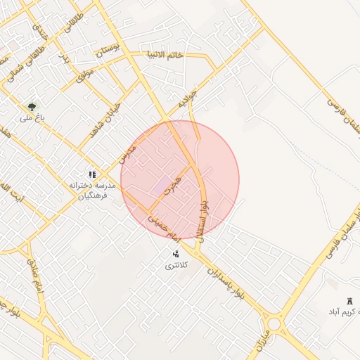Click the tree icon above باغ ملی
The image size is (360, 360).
pyautogui.click(x=32, y=107)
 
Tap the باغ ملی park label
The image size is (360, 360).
pyautogui.click(x=32, y=118)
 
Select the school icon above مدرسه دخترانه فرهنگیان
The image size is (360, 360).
pyautogui.click(x=91, y=174)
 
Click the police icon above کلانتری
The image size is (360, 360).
pyautogui.click(x=175, y=253)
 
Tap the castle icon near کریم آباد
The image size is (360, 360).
pyautogui.click(x=349, y=300)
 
